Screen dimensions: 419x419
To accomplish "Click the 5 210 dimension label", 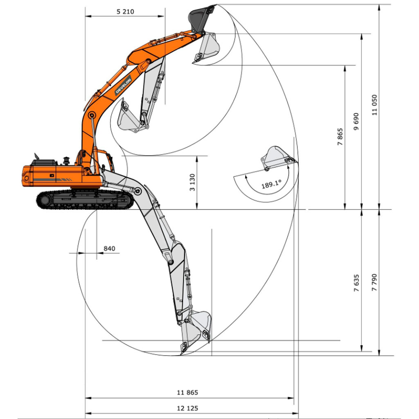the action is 125,11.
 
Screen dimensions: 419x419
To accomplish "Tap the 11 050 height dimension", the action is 374,105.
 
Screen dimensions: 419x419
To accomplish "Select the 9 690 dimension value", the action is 356,122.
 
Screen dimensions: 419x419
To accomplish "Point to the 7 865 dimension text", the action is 340,137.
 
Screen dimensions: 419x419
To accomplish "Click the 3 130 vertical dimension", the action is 192,182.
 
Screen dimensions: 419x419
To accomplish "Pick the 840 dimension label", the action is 109,248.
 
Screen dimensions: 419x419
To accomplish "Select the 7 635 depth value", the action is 356,283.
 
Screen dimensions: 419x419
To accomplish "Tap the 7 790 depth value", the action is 374,282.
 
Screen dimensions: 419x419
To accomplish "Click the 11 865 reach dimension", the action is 187,392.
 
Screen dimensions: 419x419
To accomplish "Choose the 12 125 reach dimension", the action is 187,408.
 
